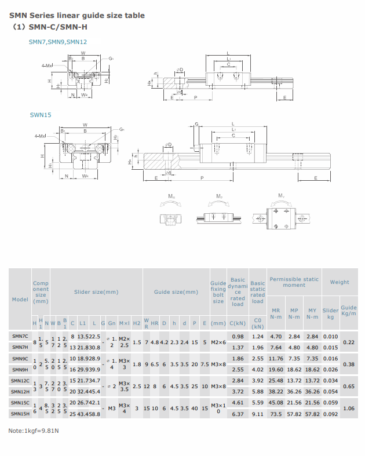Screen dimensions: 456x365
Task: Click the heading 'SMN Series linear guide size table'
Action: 77,16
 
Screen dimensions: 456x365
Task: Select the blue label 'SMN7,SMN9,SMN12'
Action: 58,42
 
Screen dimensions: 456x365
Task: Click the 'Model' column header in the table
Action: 20,299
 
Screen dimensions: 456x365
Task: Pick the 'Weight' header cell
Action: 340,282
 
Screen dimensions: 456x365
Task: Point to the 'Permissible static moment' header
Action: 294,282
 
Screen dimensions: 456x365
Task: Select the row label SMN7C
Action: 20,336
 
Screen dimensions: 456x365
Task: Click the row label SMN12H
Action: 20,392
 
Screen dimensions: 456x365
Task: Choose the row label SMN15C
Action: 20,403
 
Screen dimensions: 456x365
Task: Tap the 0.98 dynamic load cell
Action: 238,336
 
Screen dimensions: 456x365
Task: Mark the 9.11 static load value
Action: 258,414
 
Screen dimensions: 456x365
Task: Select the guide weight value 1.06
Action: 349,408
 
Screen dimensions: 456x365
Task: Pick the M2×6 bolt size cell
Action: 218,342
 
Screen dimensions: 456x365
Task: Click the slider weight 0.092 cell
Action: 330,414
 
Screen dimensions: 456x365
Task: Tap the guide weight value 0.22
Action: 349,342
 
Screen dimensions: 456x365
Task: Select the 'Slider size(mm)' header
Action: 96,292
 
